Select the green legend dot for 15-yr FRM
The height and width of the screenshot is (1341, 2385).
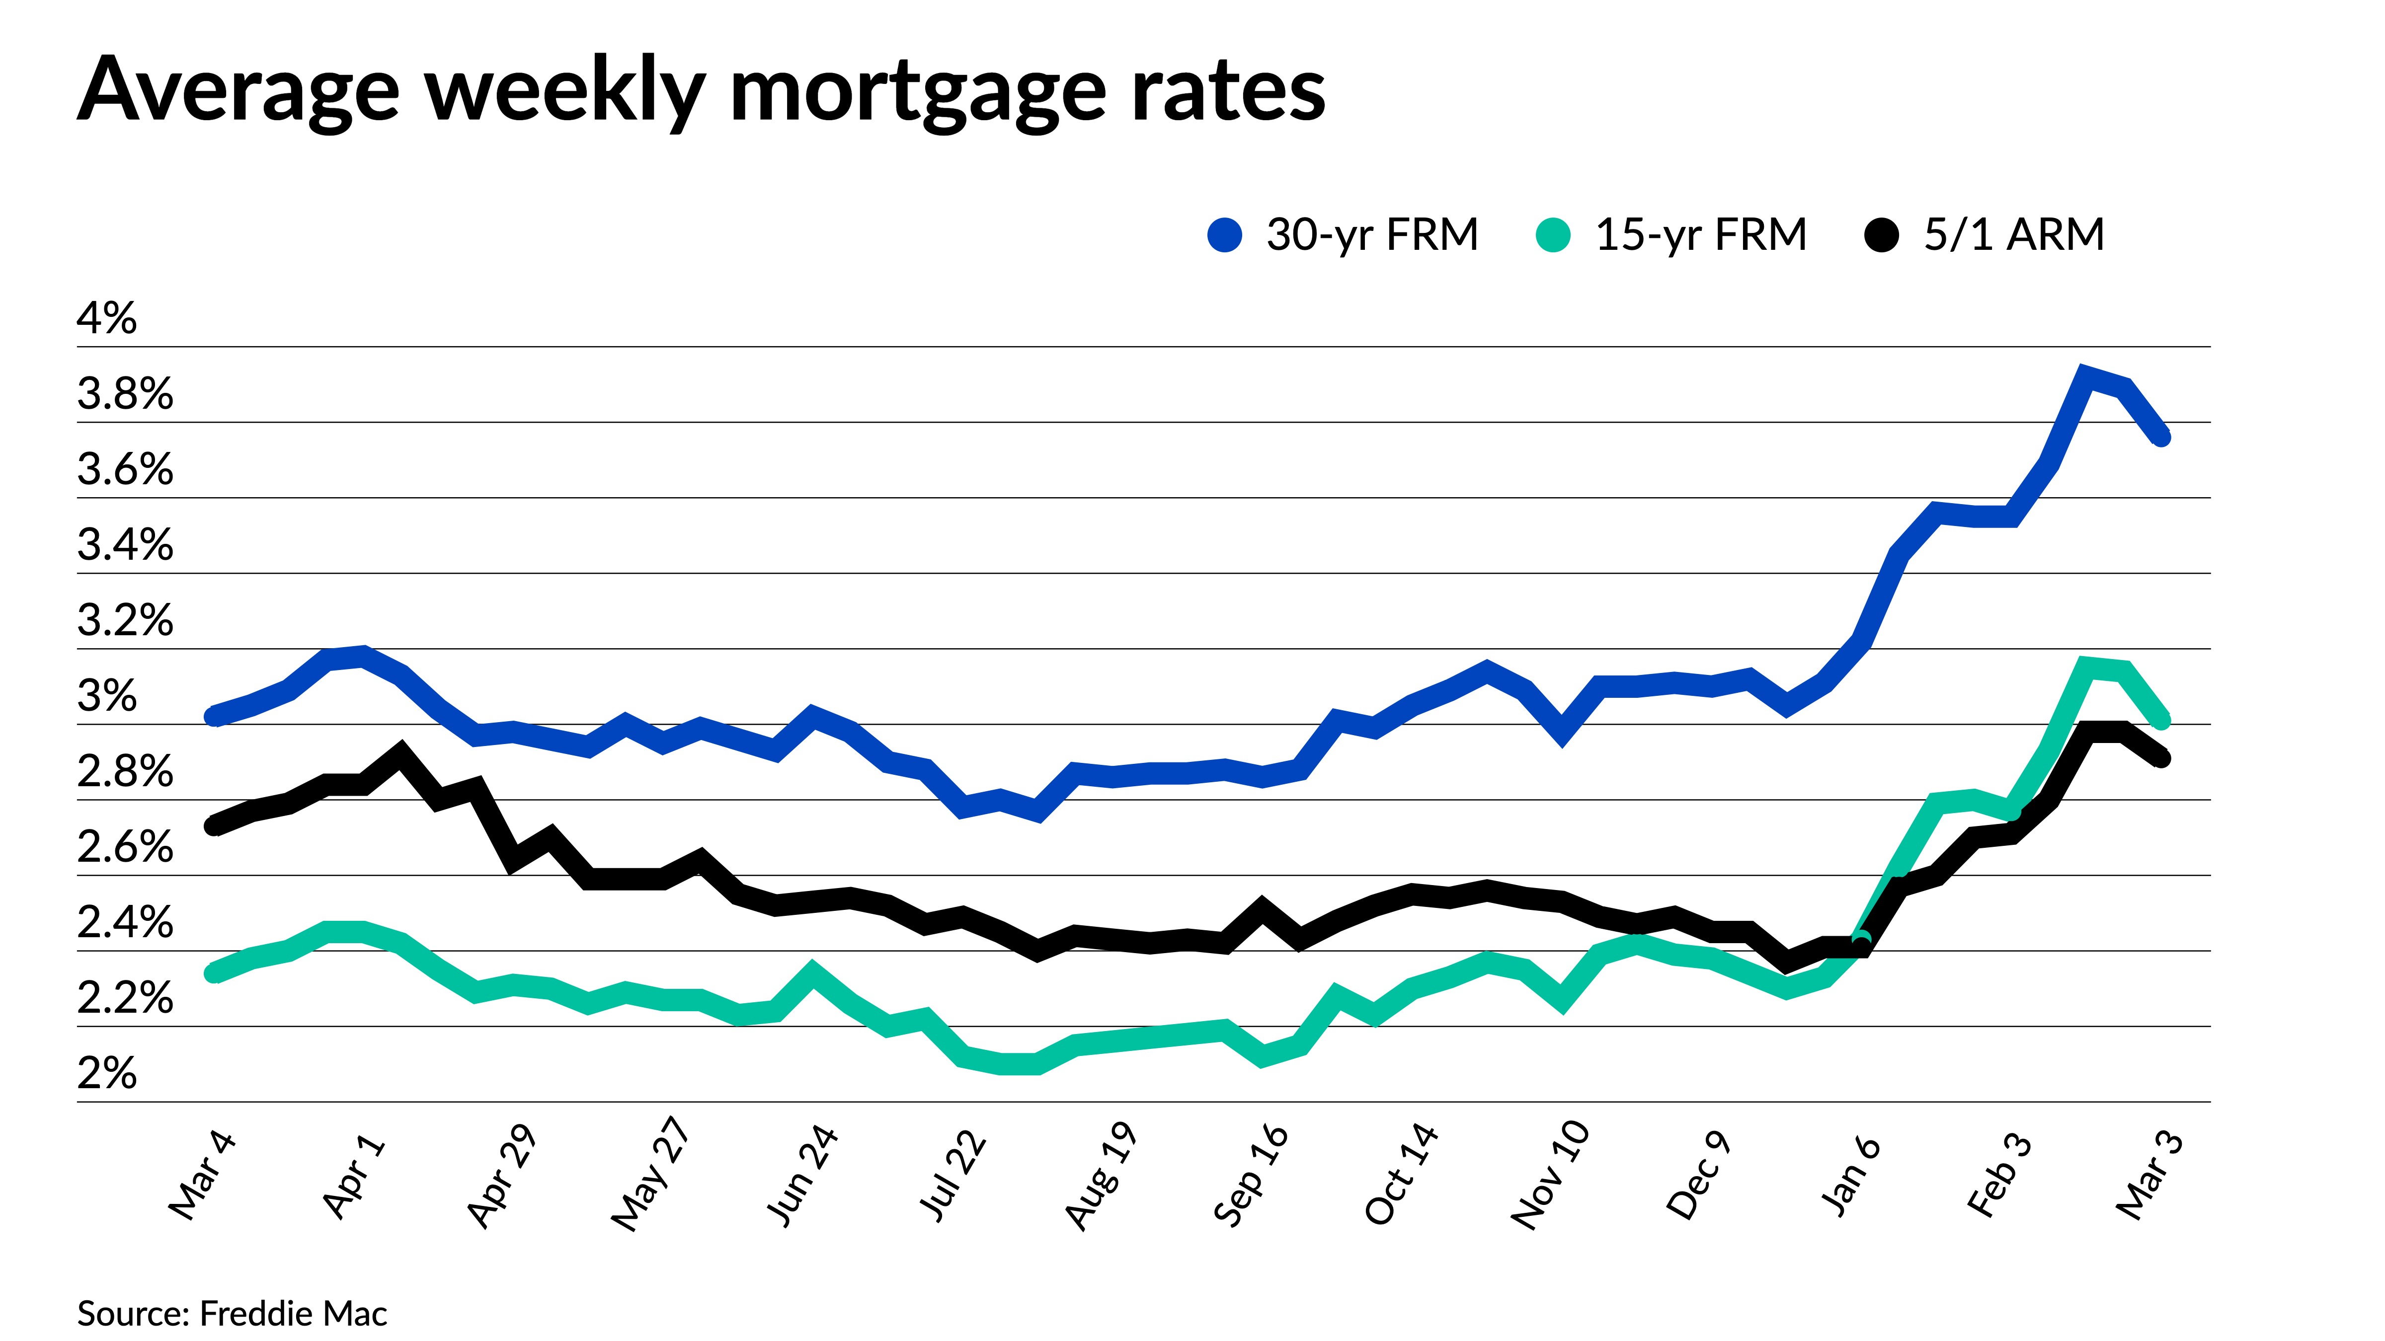(1553, 235)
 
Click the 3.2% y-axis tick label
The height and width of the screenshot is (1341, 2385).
(125, 621)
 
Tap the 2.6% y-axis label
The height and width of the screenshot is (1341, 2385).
(125, 848)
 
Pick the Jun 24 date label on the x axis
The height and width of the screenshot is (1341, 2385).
(802, 1175)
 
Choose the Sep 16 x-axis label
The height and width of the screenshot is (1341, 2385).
(1251, 1175)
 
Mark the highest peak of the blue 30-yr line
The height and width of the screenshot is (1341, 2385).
(2083, 376)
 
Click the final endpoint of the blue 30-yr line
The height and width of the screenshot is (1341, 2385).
(2161, 437)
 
